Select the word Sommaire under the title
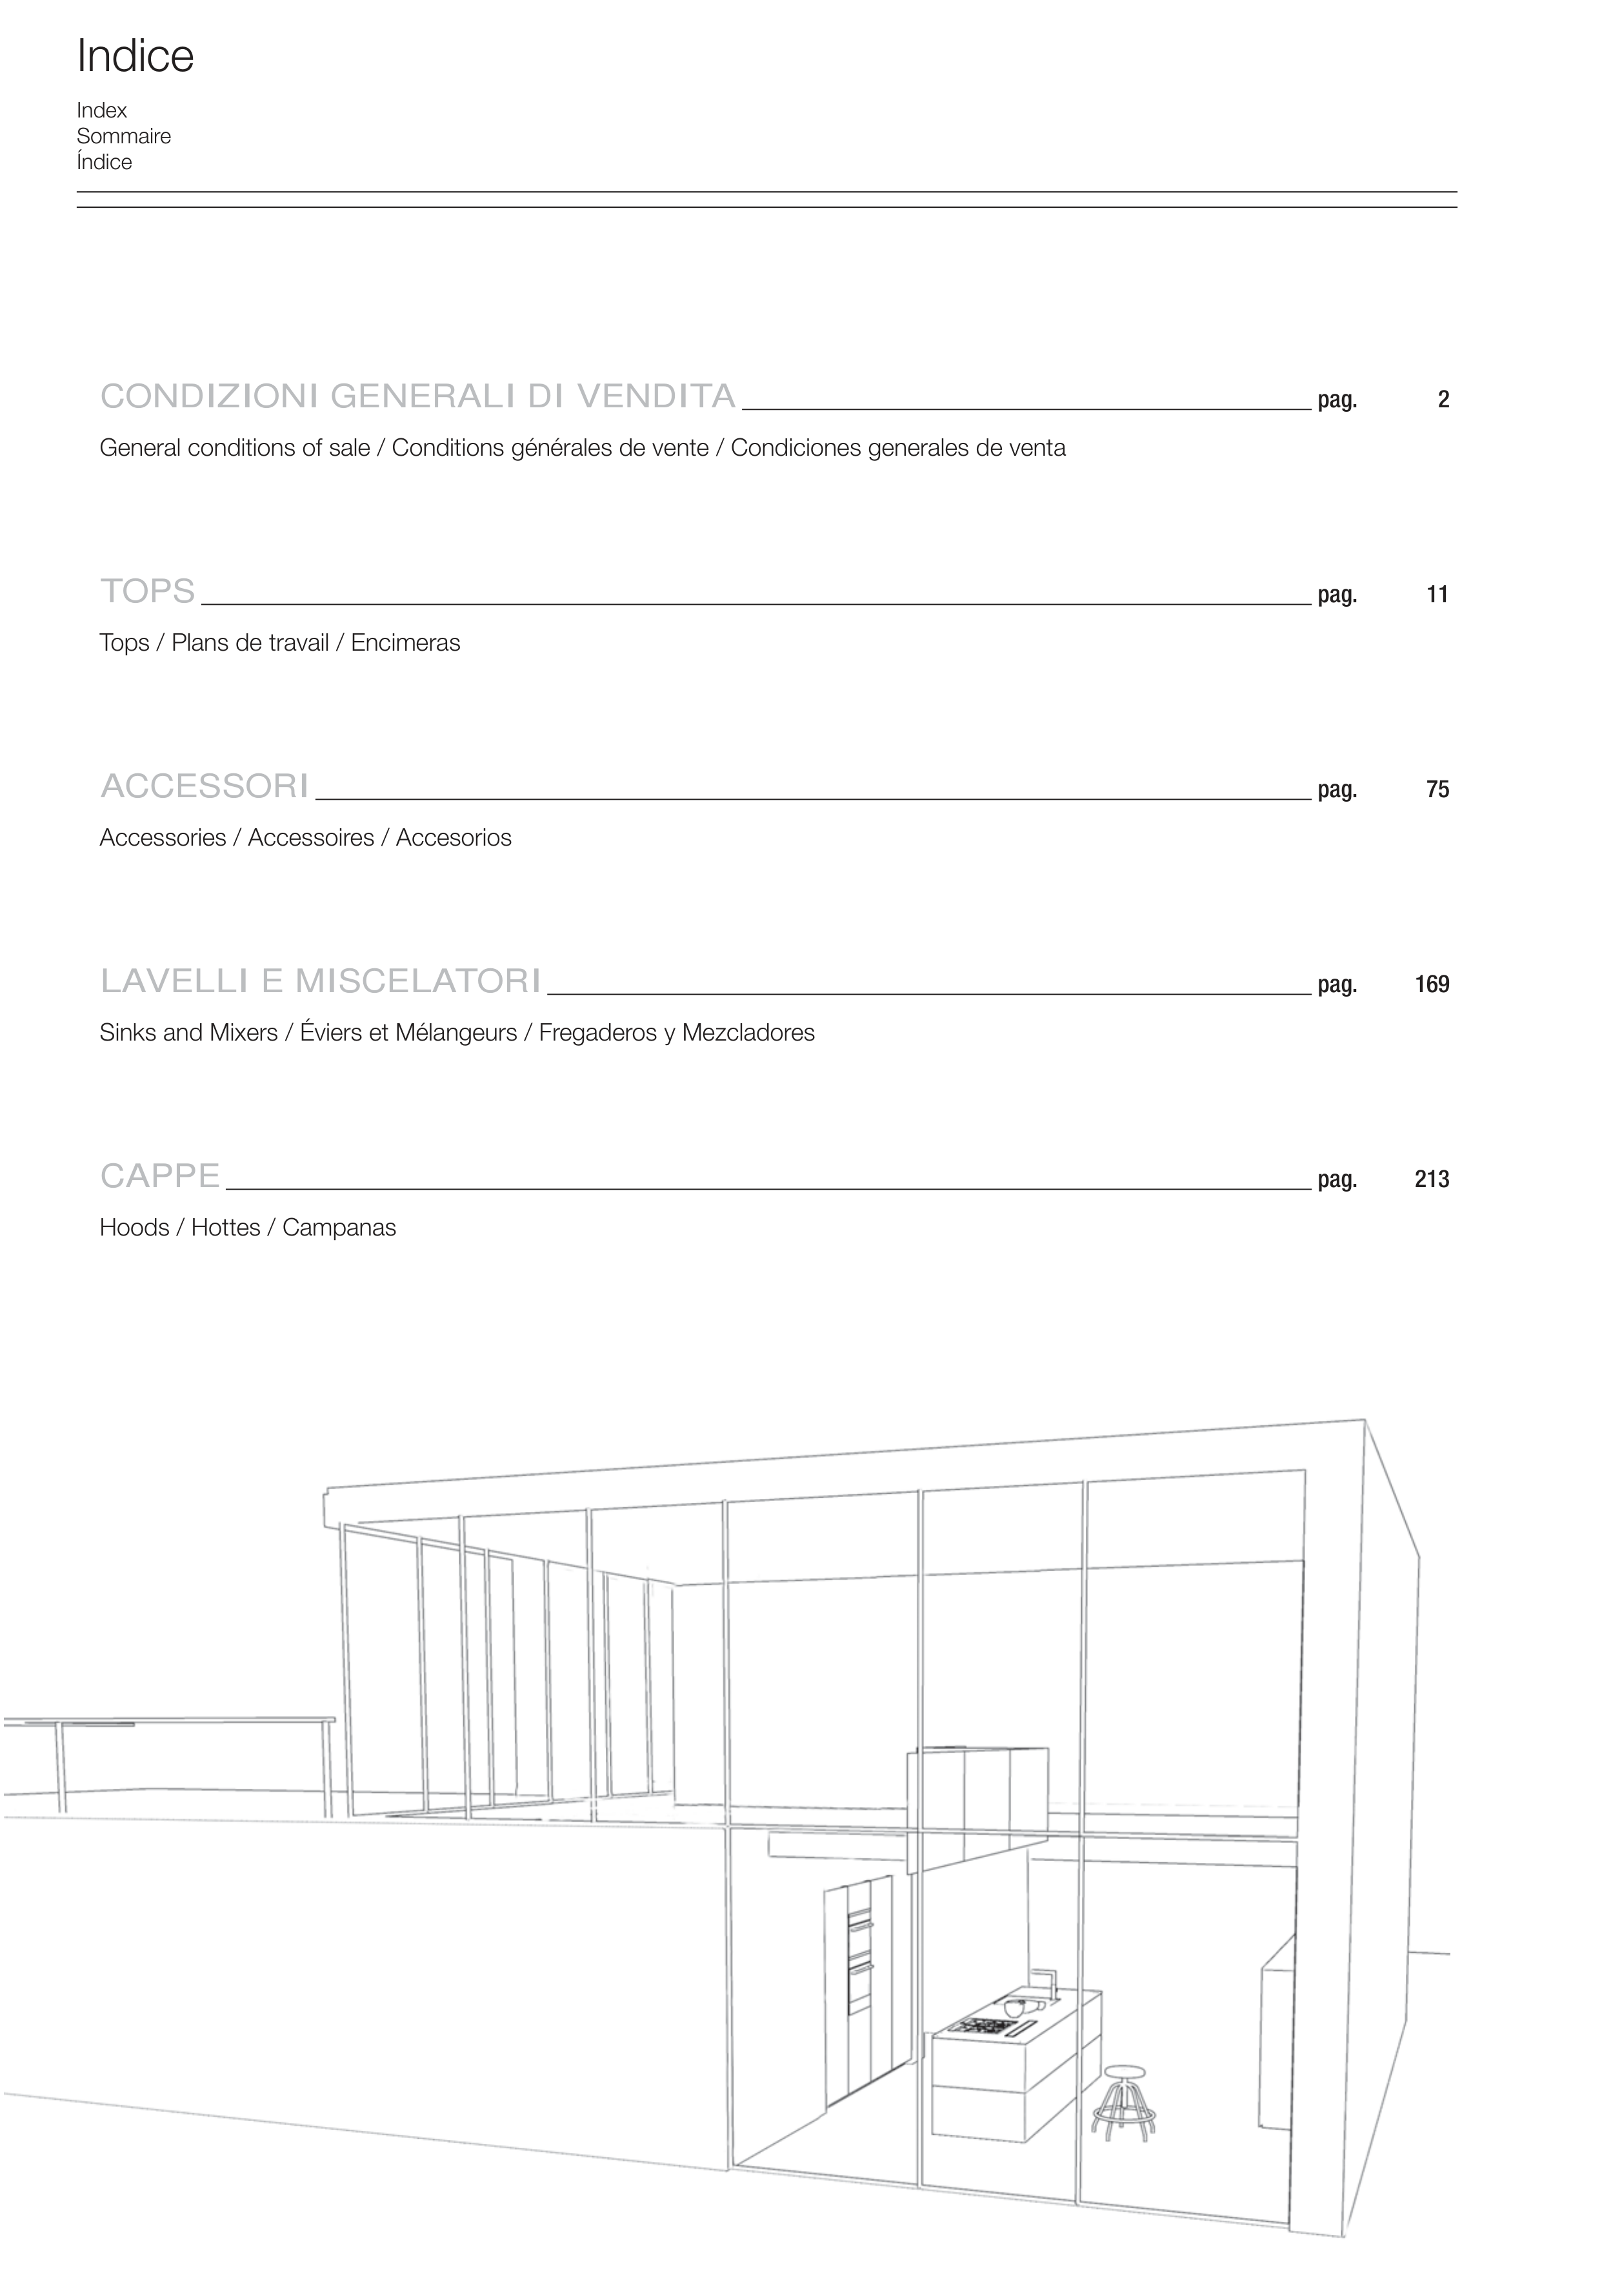(x=123, y=136)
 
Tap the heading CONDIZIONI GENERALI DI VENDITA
(x=418, y=396)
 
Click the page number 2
(x=1443, y=400)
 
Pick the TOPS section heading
(x=148, y=591)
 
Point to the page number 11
(x=1437, y=595)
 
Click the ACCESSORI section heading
(x=205, y=786)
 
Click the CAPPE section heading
(x=160, y=1176)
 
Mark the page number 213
(x=1432, y=1180)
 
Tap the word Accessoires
(x=311, y=837)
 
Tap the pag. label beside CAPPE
(x=1337, y=1180)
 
